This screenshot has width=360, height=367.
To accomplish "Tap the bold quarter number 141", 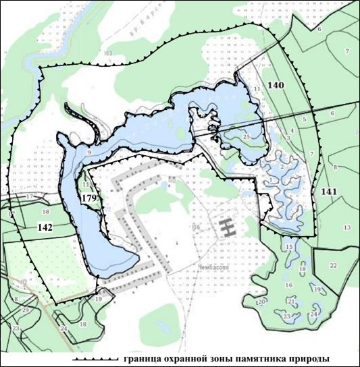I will [x=329, y=192].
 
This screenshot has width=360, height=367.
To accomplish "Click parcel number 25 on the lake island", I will [x=247, y=137].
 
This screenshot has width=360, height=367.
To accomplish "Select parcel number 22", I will [x=333, y=266].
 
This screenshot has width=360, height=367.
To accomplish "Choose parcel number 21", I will [x=291, y=301].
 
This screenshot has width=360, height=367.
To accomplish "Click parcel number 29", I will [x=26, y=309].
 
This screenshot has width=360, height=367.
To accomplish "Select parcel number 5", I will [x=305, y=119].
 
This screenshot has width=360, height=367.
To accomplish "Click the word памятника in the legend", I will [x=263, y=359].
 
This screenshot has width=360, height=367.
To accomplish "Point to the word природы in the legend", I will [x=321, y=359].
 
